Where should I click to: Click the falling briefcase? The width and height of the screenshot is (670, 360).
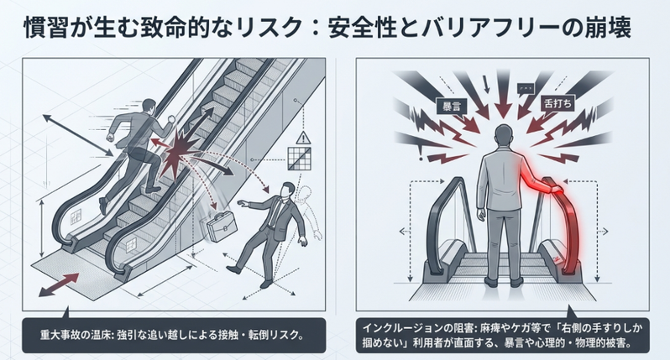tap(222, 226)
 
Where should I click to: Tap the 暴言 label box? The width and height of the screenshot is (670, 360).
tap(452, 106)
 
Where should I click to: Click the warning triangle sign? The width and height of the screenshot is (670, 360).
tap(303, 138)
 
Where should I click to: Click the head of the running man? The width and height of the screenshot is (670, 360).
tap(149, 107)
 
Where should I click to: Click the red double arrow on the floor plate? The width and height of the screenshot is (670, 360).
tap(59, 284)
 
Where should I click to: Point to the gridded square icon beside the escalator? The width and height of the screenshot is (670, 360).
tap(299, 159)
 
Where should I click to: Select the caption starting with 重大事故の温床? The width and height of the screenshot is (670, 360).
tap(172, 334)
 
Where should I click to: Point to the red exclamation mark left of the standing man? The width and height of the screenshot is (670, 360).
tap(421, 153)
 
